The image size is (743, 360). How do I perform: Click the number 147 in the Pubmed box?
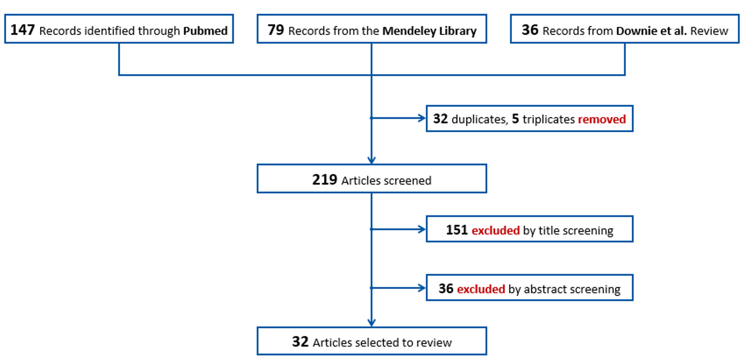23,30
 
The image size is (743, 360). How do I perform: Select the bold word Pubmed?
205,31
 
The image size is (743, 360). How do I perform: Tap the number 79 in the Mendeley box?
276,30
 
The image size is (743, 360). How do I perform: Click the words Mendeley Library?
429,31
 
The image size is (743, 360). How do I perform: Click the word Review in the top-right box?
709,31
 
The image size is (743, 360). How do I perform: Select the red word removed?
602,119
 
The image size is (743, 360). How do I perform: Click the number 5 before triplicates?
515,119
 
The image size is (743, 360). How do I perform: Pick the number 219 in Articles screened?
325,180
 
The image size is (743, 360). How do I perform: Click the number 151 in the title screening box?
457,230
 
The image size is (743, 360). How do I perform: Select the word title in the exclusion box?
534,231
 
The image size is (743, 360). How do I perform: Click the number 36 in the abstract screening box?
446,289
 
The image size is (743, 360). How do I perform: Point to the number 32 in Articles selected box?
300,342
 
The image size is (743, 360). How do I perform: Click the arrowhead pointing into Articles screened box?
371,160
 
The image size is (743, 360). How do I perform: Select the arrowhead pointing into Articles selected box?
371,322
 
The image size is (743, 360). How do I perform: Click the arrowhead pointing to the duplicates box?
420,118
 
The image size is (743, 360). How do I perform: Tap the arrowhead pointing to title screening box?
420,228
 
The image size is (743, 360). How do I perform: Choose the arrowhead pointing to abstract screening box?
420,288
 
